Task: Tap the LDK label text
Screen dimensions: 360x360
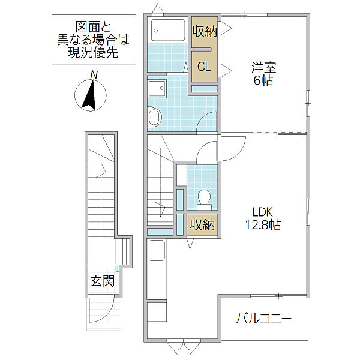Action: point(262,212)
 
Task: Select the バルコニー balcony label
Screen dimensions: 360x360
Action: point(264,319)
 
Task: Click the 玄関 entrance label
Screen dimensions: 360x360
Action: point(102,281)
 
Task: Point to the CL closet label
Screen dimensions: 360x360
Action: point(204,67)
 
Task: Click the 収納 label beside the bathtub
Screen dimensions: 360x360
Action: point(205,31)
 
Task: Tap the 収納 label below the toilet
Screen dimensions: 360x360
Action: point(202,225)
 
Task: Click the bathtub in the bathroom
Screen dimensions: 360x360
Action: point(168,30)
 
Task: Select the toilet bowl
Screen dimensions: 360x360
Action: point(204,199)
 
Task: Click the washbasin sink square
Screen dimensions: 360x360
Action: point(157,89)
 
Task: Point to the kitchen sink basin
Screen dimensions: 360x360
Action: point(157,250)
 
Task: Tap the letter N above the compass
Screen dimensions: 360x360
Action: point(94,75)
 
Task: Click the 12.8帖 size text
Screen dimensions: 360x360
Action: point(263,225)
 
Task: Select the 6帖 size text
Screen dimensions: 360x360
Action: point(263,80)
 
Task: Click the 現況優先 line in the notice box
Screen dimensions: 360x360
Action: point(93,53)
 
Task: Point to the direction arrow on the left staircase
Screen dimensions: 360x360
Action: point(102,170)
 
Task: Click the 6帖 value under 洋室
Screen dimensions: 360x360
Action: point(263,80)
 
